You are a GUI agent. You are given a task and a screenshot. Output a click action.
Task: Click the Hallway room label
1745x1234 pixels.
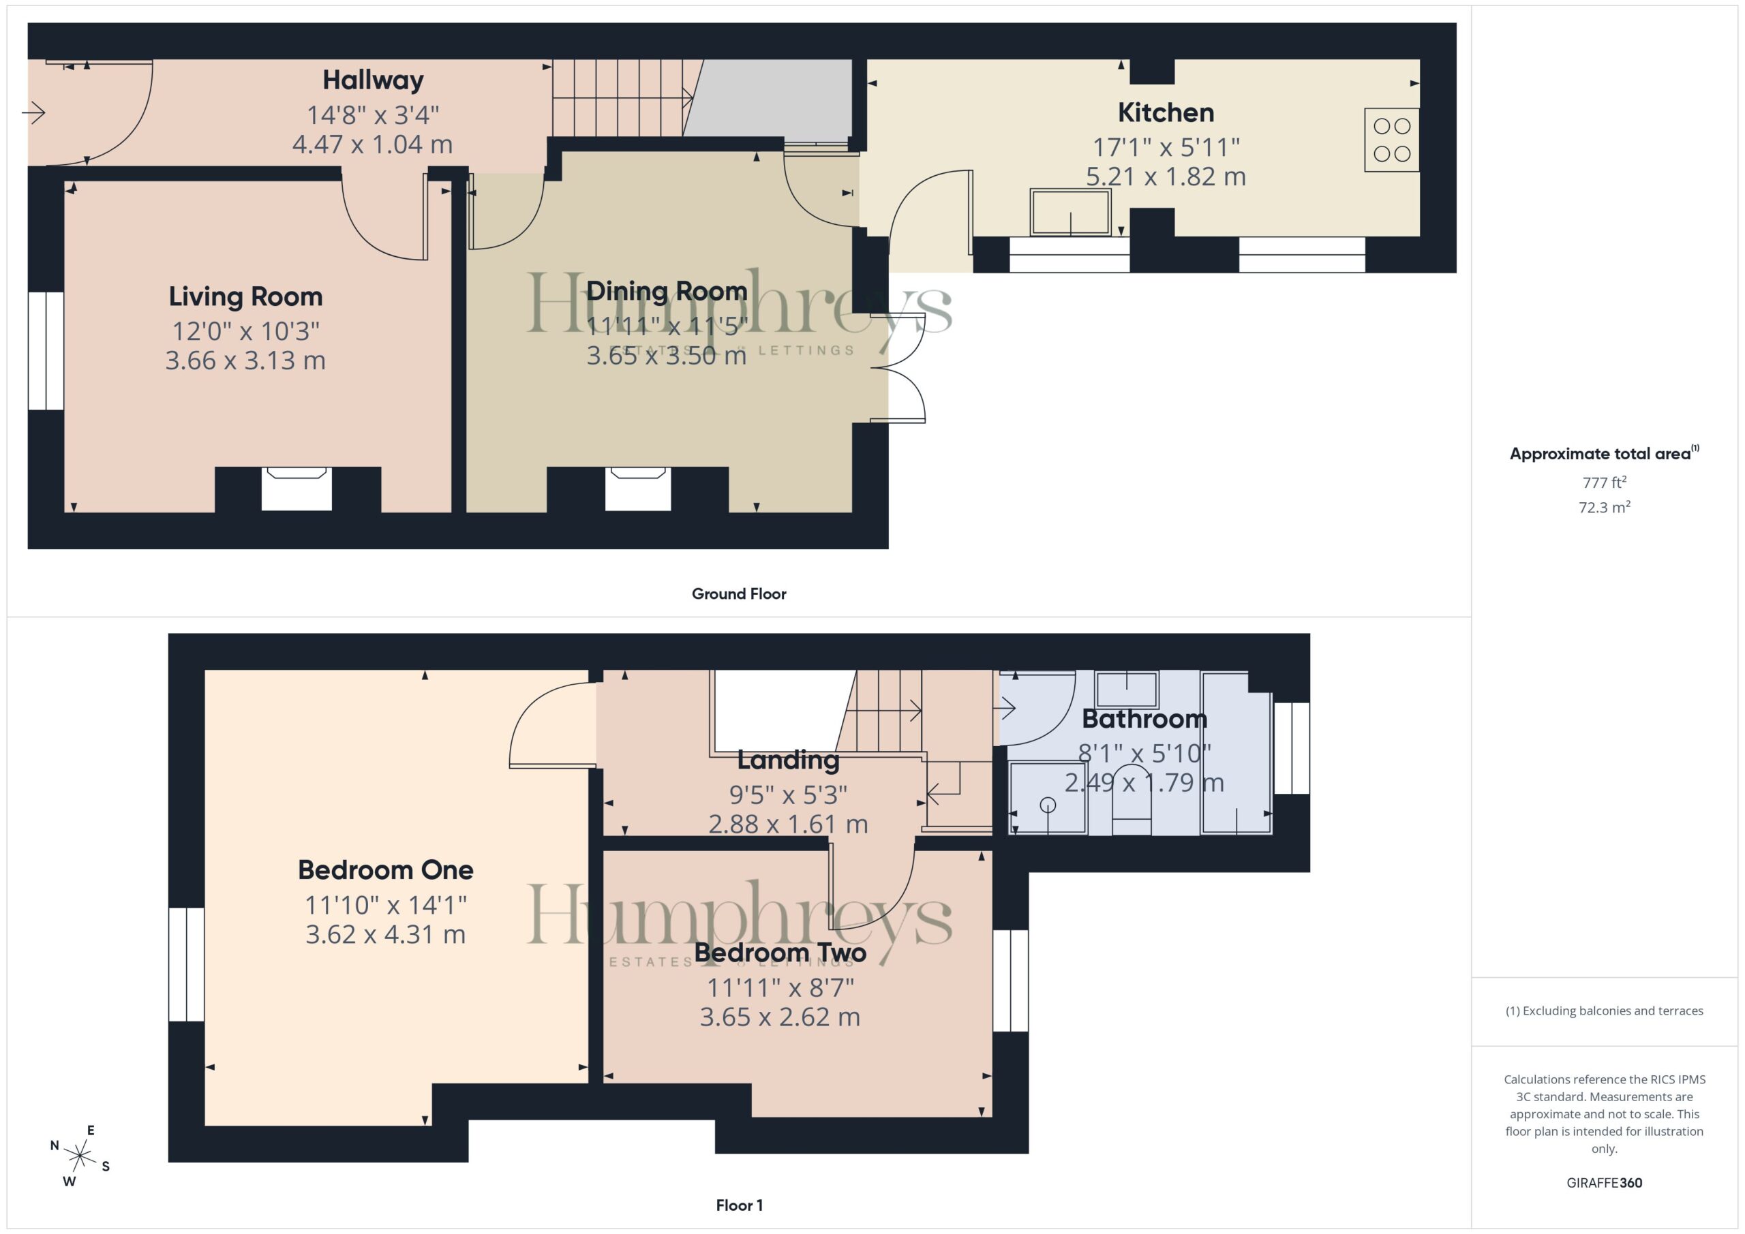click(372, 80)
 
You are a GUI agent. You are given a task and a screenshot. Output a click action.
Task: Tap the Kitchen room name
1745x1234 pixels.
click(1166, 112)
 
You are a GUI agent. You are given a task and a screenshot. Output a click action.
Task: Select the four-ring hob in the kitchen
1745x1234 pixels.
click(1392, 140)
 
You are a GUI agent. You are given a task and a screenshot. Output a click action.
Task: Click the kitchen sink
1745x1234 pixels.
click(1070, 211)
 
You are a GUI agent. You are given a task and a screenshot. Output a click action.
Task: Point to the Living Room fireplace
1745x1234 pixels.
click(297, 489)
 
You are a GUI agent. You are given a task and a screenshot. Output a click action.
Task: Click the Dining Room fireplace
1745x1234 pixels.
click(637, 489)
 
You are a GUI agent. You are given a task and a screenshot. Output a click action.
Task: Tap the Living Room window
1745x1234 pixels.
click(46, 351)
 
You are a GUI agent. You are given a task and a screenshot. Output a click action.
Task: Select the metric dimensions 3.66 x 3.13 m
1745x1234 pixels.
click(245, 360)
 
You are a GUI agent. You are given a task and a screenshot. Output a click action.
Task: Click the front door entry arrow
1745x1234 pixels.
click(33, 113)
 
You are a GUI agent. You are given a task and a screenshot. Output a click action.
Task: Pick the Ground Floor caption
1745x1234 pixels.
click(739, 593)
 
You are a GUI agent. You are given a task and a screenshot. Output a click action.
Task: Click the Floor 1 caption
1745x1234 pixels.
click(739, 1205)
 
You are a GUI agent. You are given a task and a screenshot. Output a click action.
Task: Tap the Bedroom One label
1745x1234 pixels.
click(385, 869)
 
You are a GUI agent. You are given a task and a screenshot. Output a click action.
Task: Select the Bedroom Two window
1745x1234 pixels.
click(1011, 981)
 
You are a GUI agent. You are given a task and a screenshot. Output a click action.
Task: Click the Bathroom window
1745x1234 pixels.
click(1291, 748)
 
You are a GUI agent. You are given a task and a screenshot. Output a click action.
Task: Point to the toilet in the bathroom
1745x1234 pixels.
click(1132, 801)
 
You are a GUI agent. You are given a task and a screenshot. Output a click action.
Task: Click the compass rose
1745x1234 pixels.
click(80, 1156)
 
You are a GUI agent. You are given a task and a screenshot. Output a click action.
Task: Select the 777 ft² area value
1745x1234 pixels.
click(1605, 482)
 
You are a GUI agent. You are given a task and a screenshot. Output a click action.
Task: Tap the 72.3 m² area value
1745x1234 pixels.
click(1605, 507)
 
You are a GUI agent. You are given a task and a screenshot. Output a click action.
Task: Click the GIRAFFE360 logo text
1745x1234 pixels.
click(1605, 1182)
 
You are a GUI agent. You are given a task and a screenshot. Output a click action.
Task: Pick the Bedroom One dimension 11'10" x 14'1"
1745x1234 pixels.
click(385, 905)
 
